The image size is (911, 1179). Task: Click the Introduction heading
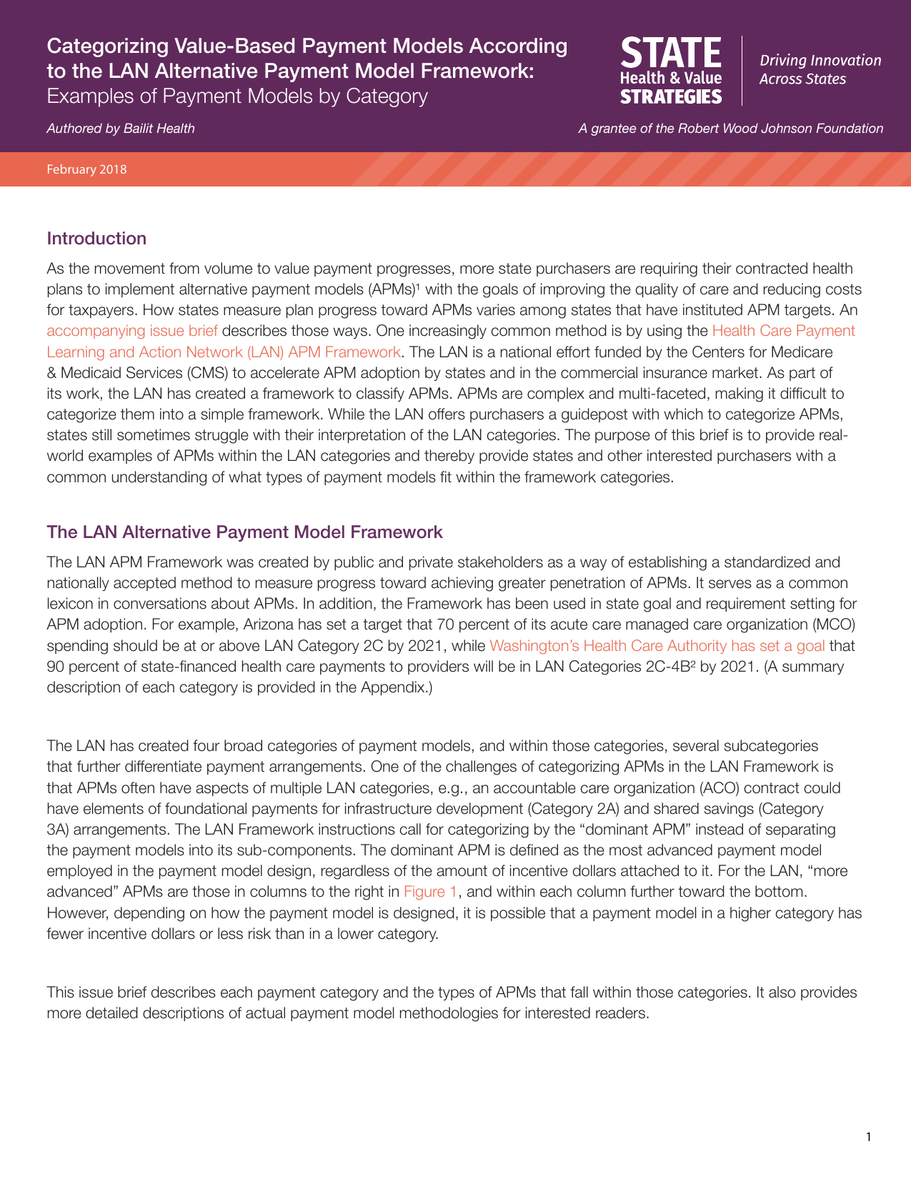96,239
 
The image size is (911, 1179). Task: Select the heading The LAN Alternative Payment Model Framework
244,532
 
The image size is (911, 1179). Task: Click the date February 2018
86,169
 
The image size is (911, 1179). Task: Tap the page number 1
868,1137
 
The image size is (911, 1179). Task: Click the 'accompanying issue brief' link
131,331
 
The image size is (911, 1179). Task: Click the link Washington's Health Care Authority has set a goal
657,646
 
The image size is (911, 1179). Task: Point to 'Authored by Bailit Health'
120,129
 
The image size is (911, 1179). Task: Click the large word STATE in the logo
670,54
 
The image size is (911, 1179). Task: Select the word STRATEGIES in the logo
670,96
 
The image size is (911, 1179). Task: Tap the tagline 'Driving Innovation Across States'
820,69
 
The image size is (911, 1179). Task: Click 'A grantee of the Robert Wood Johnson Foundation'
730,129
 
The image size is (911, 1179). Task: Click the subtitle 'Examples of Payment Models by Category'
237,96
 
